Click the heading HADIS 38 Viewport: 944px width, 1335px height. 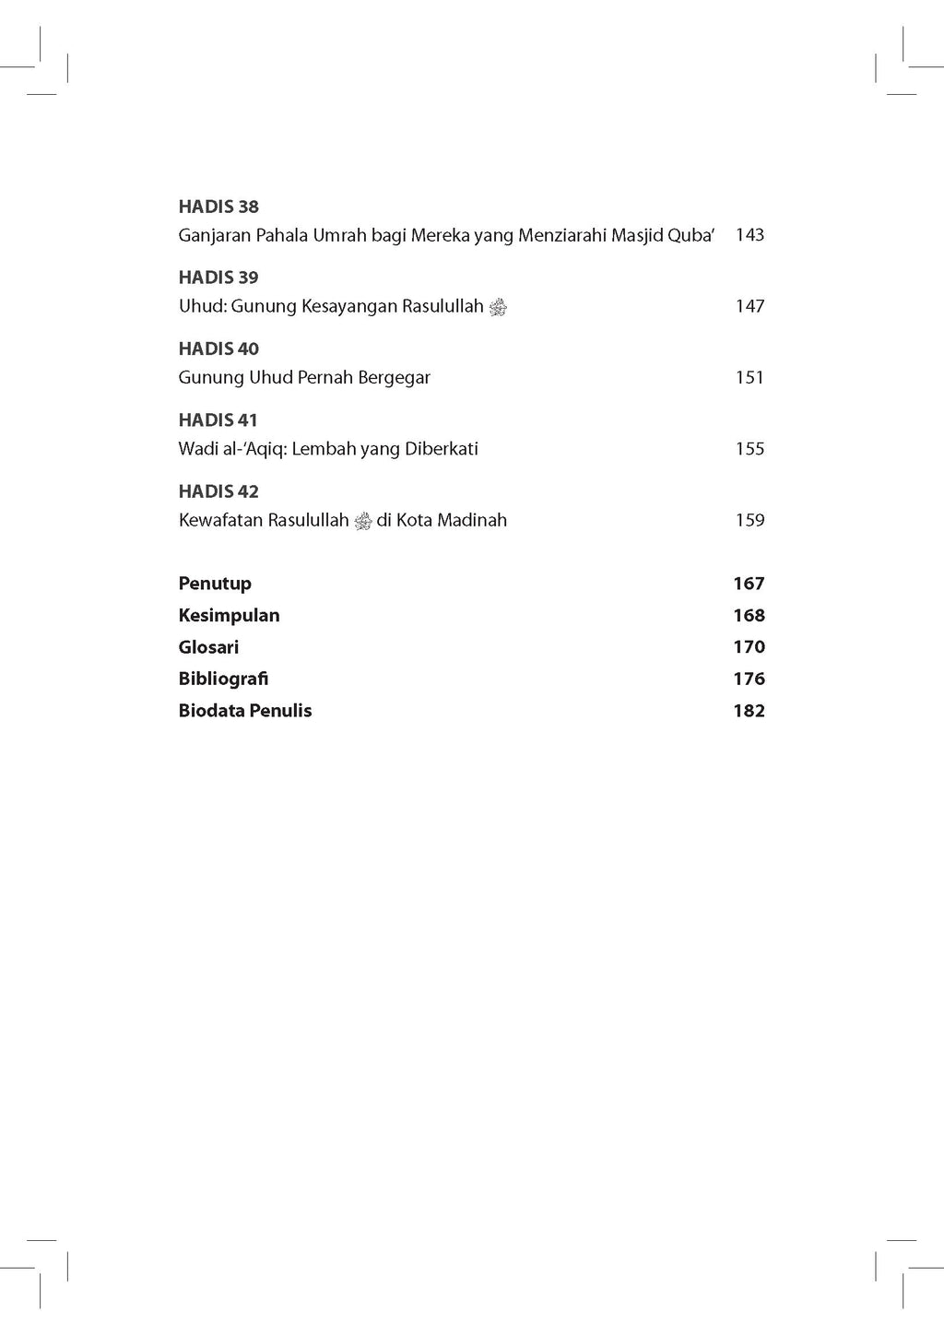tap(218, 207)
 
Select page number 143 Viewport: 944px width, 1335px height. tap(749, 235)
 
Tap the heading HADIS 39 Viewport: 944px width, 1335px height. tap(218, 278)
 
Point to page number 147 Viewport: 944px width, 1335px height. tap(749, 306)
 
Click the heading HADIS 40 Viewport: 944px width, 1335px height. tap(218, 349)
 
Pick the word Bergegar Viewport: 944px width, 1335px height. tap(394, 378)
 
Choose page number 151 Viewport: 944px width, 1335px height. tap(749, 377)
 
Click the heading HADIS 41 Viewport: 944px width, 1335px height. tap(218, 420)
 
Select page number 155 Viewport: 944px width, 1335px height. tap(749, 449)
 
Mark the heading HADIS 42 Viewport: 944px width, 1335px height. tap(218, 491)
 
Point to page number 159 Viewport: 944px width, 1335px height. tap(749, 520)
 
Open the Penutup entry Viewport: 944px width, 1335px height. tap(215, 584)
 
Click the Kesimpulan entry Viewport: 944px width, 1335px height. tap(229, 615)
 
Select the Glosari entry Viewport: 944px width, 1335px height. tap(208, 647)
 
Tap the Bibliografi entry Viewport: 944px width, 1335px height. tap(223, 679)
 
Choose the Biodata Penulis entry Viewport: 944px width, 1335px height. tap(245, 711)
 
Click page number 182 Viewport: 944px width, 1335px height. tap(749, 711)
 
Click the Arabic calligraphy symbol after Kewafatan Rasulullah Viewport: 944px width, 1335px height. tap(363, 521)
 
